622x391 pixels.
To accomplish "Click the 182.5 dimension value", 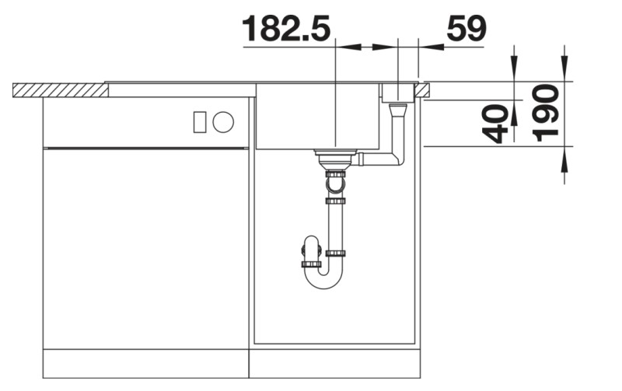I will [x=285, y=29].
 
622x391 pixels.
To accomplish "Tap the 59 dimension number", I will [x=466, y=29].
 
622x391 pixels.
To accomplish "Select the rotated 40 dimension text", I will [x=497, y=124].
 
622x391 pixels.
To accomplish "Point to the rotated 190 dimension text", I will [x=547, y=113].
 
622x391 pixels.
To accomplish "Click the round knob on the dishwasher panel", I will [x=224, y=121].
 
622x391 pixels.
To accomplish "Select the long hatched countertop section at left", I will [x=60, y=90].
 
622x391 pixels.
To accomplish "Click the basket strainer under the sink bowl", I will [x=335, y=159].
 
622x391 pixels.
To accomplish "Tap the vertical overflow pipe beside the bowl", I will [x=399, y=132].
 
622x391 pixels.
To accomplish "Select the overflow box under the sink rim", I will [x=398, y=93].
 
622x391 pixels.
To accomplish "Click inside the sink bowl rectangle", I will [x=319, y=117].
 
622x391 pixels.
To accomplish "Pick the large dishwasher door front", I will [x=146, y=249].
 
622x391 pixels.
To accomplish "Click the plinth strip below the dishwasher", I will [x=146, y=363].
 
